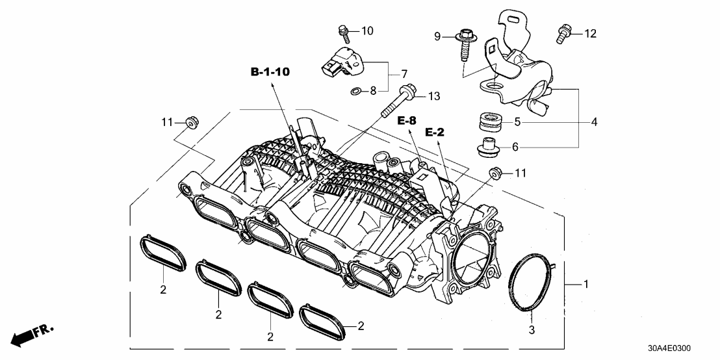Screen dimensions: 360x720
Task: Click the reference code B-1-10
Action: coord(270,72)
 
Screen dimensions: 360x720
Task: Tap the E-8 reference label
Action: coord(407,120)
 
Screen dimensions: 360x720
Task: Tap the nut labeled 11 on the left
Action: coord(190,122)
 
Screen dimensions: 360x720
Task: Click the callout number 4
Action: coord(595,122)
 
